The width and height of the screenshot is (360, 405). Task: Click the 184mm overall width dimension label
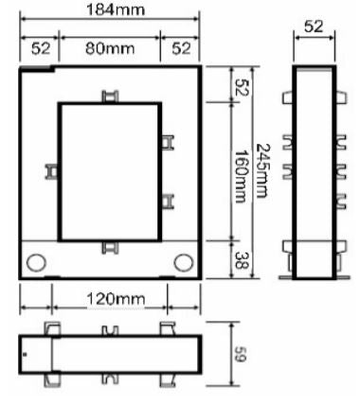116,9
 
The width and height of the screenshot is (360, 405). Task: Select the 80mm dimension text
110,48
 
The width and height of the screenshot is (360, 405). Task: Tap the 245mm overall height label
262,170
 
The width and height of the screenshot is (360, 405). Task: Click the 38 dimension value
242,260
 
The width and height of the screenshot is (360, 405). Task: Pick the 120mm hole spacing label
116,298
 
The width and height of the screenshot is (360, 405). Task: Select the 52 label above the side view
314,26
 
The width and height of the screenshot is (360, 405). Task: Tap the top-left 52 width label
41,48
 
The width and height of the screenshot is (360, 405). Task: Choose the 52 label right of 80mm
181,48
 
